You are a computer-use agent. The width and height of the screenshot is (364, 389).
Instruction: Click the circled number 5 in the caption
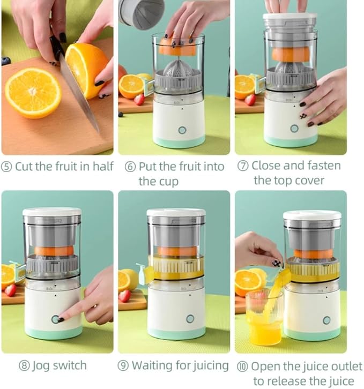click(x=7, y=166)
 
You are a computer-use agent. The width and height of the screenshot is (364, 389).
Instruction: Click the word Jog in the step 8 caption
click(x=42, y=366)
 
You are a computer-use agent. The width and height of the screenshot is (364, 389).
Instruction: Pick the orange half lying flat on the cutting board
click(x=33, y=92)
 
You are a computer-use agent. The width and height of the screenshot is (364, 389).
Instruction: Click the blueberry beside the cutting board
click(x=6, y=61)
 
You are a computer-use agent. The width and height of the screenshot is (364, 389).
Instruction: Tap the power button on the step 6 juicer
click(x=182, y=130)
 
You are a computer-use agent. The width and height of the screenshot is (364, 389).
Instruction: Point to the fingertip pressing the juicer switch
click(x=59, y=319)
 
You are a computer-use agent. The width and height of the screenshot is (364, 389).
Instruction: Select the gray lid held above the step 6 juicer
click(x=141, y=13)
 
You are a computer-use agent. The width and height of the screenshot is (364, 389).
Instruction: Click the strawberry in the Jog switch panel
click(x=10, y=290)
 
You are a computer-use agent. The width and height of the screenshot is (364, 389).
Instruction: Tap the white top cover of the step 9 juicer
click(x=176, y=213)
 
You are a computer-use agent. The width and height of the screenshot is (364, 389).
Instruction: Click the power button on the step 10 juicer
click(x=326, y=320)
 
